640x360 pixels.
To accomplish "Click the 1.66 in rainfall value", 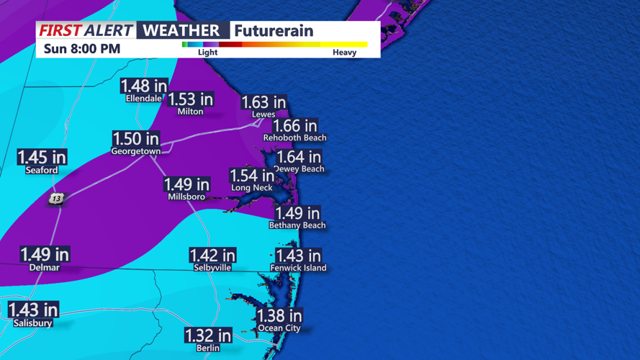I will pos(294,126).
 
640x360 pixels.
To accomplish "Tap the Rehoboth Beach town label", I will pos(294,138).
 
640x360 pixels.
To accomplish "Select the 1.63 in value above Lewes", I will pos(263,103).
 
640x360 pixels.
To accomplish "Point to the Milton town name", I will pos(190,112).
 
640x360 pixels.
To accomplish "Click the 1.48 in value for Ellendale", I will pos(144,86).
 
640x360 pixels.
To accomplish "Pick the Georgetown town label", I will pos(135,151).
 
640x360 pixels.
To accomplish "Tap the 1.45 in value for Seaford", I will pos(42,157).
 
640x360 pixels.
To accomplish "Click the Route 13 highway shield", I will pos(57,198).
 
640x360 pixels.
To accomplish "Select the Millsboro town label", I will pos(186,197).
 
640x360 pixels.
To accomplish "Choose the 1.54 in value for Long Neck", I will pos(251,176).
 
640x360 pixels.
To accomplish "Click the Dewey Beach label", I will pos(299,169).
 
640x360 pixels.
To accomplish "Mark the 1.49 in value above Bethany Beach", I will pos(297,213).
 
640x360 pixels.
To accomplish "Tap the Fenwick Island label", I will pos(298,268).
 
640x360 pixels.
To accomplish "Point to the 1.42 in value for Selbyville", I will pos(212,256).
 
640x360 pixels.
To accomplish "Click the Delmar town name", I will pos(45,267).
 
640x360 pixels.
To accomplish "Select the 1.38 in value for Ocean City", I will pos(279,315).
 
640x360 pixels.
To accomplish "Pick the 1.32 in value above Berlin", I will pos(208,336).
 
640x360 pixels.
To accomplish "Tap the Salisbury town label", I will pos(33,323).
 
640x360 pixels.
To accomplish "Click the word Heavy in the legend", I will pos(344,53).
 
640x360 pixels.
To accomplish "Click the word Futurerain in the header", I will pos(274,31).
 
